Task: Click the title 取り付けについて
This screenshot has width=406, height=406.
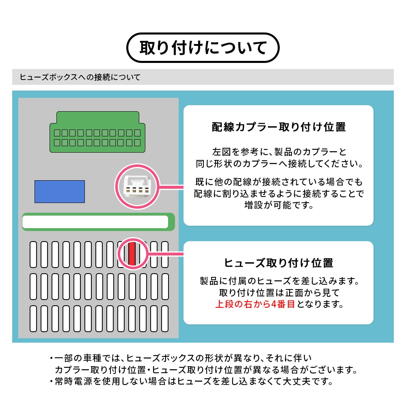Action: coord(203,48)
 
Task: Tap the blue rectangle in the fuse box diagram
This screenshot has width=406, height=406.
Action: coord(60,192)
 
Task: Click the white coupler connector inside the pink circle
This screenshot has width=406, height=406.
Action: coord(137,186)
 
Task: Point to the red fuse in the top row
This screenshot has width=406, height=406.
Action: coord(132,254)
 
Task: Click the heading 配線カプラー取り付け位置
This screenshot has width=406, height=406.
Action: coord(279,127)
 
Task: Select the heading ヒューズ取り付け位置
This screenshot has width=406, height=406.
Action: coord(279,263)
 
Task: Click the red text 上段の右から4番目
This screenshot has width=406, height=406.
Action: coord(255,304)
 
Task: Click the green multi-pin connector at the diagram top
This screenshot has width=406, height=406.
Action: coord(97,132)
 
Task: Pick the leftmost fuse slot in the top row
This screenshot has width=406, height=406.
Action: coord(33,255)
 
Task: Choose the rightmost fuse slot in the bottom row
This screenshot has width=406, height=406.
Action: coord(165,319)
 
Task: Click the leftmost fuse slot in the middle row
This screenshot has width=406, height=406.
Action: coord(33,287)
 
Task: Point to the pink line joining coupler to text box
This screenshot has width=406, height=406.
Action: coord(171,187)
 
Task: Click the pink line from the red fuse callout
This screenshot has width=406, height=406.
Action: coord(166,254)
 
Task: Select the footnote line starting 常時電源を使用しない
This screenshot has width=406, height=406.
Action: coord(191,381)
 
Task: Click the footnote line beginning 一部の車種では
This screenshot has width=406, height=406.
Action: coord(181,358)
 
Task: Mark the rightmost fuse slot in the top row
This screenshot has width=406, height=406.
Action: coord(165,255)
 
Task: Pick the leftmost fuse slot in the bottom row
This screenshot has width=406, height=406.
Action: coord(33,319)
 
